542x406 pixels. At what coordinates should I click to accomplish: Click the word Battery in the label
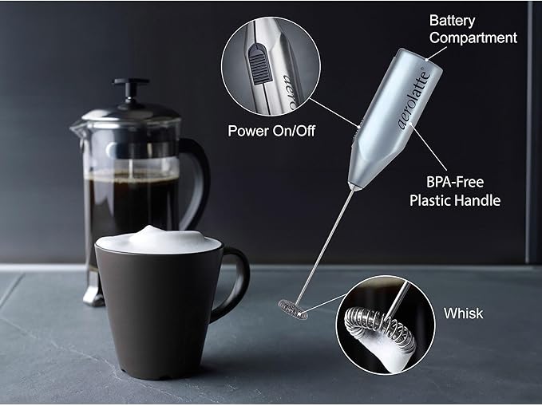tap(452, 21)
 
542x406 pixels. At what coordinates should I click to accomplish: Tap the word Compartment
tap(473, 37)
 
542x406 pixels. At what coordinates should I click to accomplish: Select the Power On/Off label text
tap(271, 131)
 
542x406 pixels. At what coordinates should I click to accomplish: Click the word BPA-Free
tap(454, 182)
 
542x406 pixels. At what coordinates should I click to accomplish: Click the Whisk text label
tap(463, 313)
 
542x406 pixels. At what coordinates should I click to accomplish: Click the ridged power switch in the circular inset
tap(257, 65)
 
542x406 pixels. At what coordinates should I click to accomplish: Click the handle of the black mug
tap(237, 280)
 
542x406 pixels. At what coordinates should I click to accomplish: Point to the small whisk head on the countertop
tap(293, 309)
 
